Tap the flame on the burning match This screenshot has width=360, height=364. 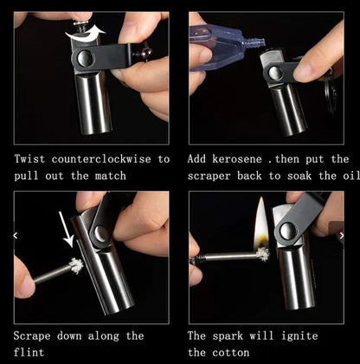(260, 224)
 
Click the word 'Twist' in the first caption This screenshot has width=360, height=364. (31, 159)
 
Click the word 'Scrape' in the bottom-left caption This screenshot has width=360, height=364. (35, 335)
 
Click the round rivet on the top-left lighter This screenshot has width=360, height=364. (85, 59)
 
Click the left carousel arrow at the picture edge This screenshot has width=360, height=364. (14, 234)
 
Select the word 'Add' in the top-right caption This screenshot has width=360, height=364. (198, 159)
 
